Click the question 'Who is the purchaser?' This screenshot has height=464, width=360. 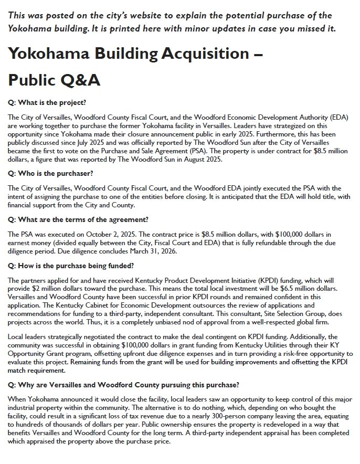(x=50, y=173)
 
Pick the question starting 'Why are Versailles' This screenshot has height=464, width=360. (x=123, y=385)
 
